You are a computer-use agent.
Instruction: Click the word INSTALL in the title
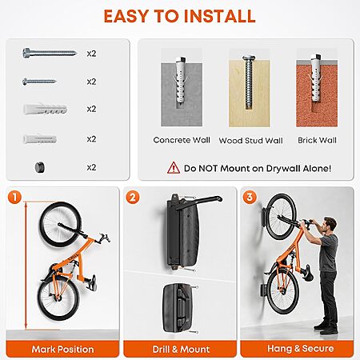tap(219, 16)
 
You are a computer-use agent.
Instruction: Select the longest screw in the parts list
tap(50, 53)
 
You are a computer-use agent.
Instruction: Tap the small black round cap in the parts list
tap(40, 167)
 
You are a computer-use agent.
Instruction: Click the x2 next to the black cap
tap(91, 167)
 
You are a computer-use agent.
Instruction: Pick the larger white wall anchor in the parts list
tap(45, 110)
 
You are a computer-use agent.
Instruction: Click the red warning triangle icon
tap(174, 168)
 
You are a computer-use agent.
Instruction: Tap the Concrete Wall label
tap(182, 140)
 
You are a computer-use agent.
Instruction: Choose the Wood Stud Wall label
tap(250, 141)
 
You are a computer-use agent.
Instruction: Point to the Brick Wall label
tap(317, 140)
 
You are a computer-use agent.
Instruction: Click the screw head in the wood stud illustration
tap(249, 58)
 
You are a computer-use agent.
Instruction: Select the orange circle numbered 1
tap(14, 197)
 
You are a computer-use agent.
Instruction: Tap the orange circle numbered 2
tap(133, 198)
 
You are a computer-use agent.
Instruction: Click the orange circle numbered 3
tap(250, 197)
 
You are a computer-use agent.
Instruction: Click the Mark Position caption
tap(62, 349)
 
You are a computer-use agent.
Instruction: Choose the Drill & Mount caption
tap(181, 349)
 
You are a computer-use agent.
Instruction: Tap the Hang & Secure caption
tap(301, 348)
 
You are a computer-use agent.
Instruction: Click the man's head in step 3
tap(330, 225)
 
